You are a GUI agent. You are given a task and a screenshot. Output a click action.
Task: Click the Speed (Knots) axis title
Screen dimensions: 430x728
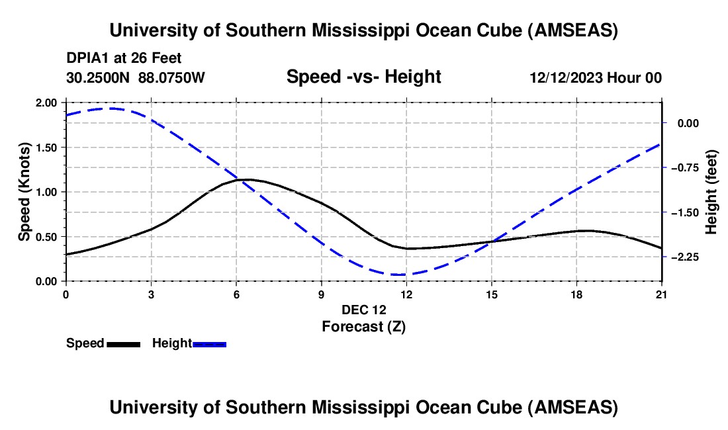(24, 192)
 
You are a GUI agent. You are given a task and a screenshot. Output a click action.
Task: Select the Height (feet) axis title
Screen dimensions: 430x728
(712, 192)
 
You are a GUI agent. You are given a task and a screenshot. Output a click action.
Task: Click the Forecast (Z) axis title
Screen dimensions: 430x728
(363, 326)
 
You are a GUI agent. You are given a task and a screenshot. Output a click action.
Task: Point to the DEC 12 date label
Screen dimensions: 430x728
(363, 310)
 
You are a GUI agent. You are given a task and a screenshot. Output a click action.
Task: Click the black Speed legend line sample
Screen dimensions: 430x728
(123, 344)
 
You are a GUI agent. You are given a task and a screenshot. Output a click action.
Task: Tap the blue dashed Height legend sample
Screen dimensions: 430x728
(209, 344)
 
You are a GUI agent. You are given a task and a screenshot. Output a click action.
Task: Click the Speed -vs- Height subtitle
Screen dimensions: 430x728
(363, 77)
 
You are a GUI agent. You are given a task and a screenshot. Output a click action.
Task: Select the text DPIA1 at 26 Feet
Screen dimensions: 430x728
(124, 59)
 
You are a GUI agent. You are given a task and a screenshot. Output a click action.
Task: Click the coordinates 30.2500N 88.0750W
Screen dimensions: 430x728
(136, 77)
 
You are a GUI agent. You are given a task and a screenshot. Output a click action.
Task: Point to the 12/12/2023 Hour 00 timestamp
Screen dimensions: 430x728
(596, 77)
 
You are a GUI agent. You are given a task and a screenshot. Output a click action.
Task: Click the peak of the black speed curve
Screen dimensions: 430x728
(246, 179)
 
